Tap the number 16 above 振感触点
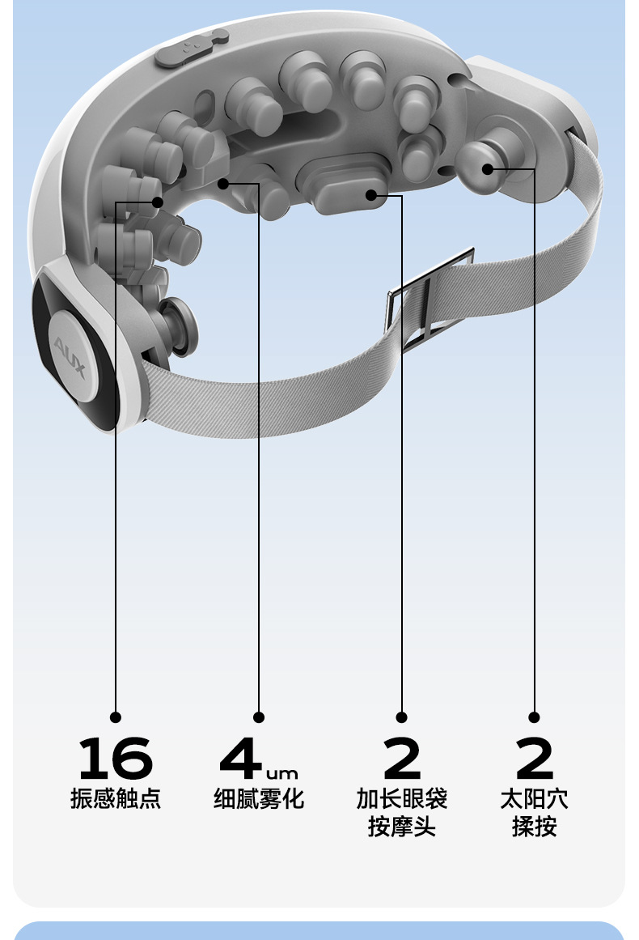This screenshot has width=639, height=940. (116, 758)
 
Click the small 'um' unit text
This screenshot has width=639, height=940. (281, 773)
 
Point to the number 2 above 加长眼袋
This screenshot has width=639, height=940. (402, 758)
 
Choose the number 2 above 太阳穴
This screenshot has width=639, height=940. (534, 758)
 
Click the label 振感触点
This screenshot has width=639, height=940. (116, 798)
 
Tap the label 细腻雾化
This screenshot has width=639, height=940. (259, 798)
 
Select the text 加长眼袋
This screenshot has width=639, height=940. (402, 798)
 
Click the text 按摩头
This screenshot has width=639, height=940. (402, 827)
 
